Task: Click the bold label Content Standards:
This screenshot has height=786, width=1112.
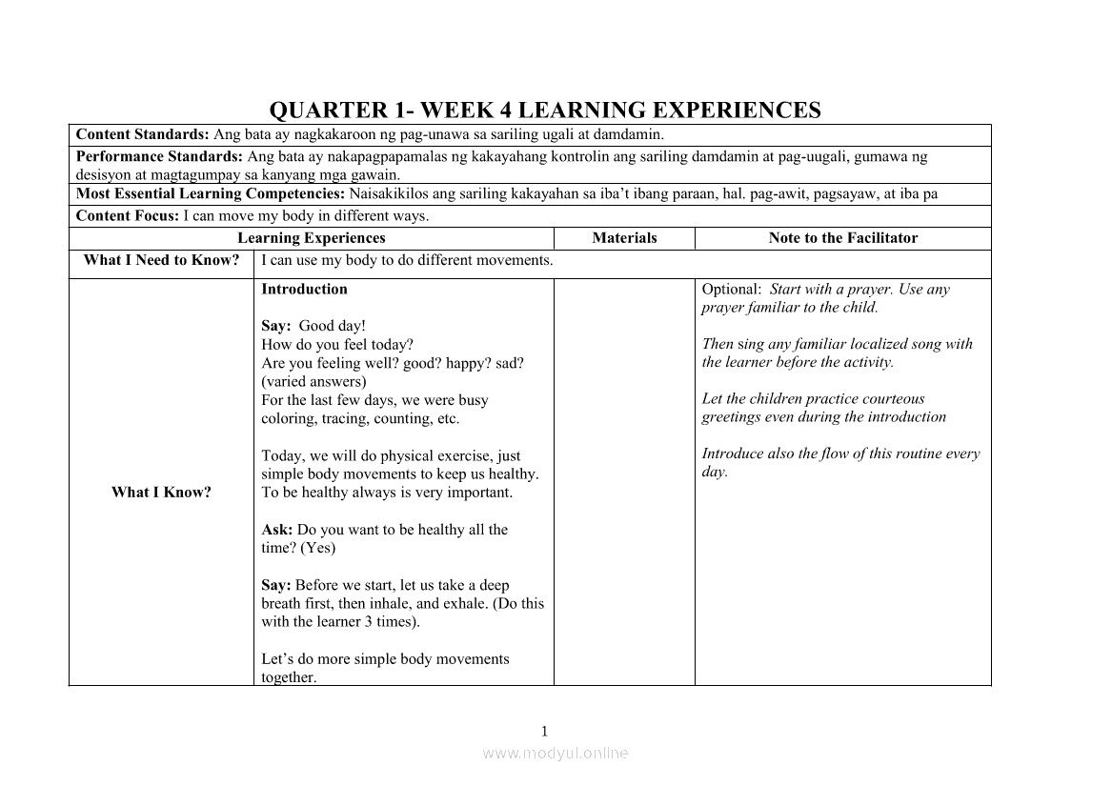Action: point(142,134)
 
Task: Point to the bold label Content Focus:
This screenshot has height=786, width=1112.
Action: point(127,215)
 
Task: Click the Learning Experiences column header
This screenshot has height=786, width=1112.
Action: point(311,238)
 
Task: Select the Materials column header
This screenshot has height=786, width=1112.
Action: point(624,238)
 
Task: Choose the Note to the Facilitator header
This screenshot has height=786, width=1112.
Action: point(842,238)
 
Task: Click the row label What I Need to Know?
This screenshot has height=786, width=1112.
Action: point(161,260)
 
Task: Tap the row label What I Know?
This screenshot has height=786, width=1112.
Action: point(161,493)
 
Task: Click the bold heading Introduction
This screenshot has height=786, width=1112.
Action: point(304,290)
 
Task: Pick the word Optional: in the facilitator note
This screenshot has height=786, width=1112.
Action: point(731,290)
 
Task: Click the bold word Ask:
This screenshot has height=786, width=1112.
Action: point(277,530)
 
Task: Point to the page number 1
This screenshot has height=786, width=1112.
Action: point(544,732)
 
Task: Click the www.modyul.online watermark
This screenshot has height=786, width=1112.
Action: point(556,753)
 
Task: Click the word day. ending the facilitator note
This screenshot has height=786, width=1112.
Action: point(715,473)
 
